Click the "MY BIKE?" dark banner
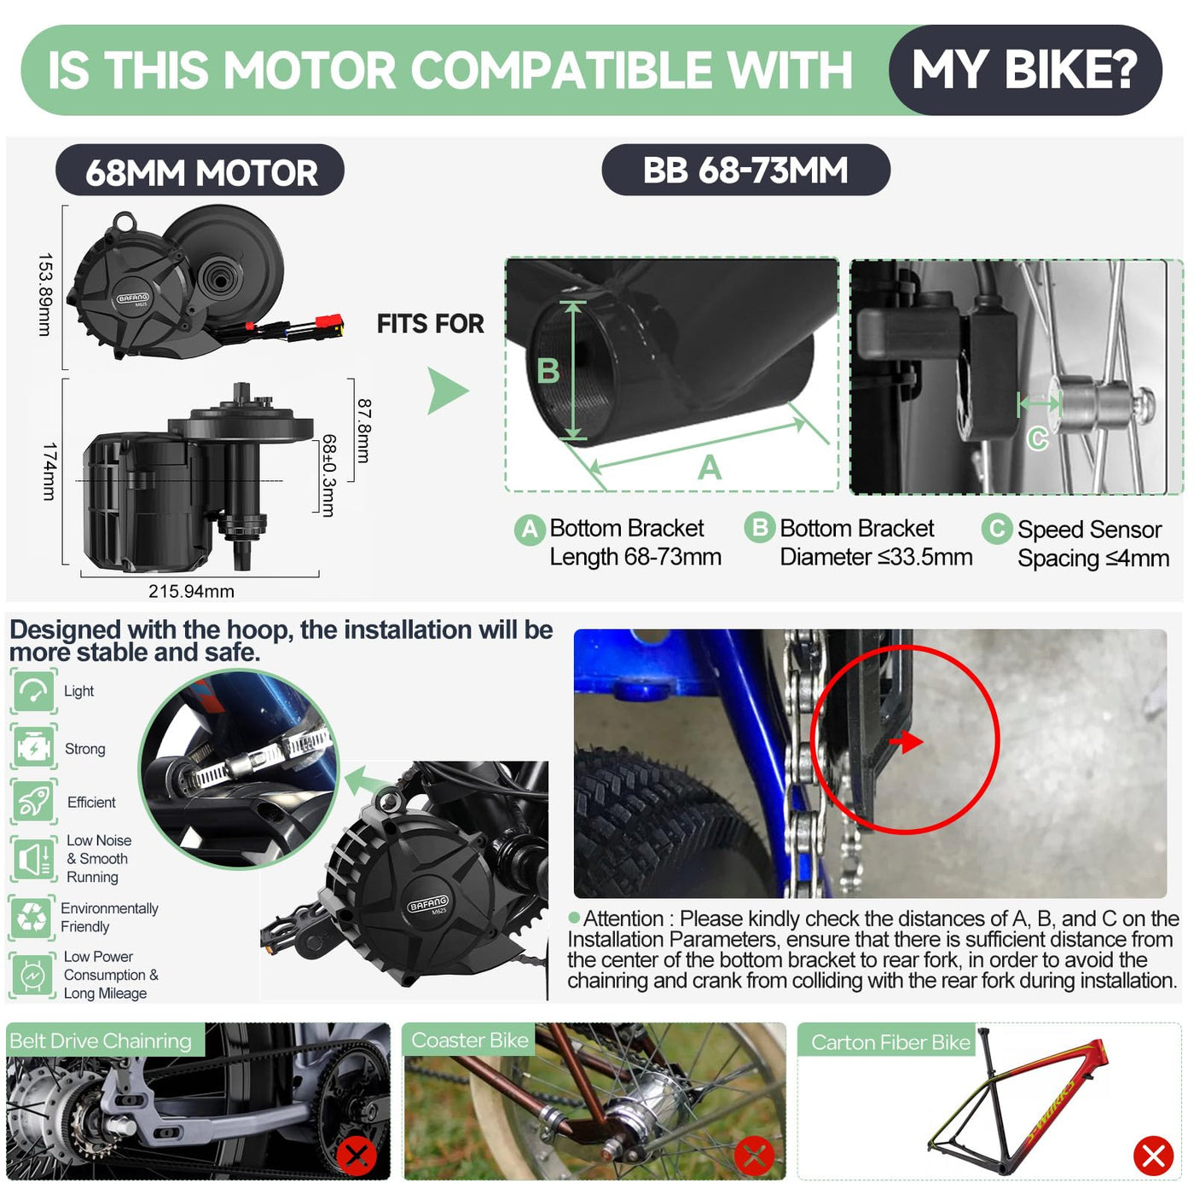(x=1024, y=69)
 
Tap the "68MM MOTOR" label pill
(x=200, y=171)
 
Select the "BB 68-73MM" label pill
(x=745, y=170)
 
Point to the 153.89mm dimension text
(x=45, y=294)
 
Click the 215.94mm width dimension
(x=191, y=590)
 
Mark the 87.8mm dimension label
(x=364, y=431)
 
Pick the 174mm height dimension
(x=49, y=471)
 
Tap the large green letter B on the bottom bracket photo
(x=548, y=371)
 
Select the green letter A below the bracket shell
(x=710, y=467)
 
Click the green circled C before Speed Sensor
(x=996, y=529)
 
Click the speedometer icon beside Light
(x=34, y=691)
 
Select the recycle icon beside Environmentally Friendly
(x=31, y=917)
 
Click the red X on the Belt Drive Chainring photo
(x=356, y=1155)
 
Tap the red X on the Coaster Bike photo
(x=754, y=1156)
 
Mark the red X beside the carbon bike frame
(x=1153, y=1156)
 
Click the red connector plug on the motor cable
(x=329, y=322)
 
